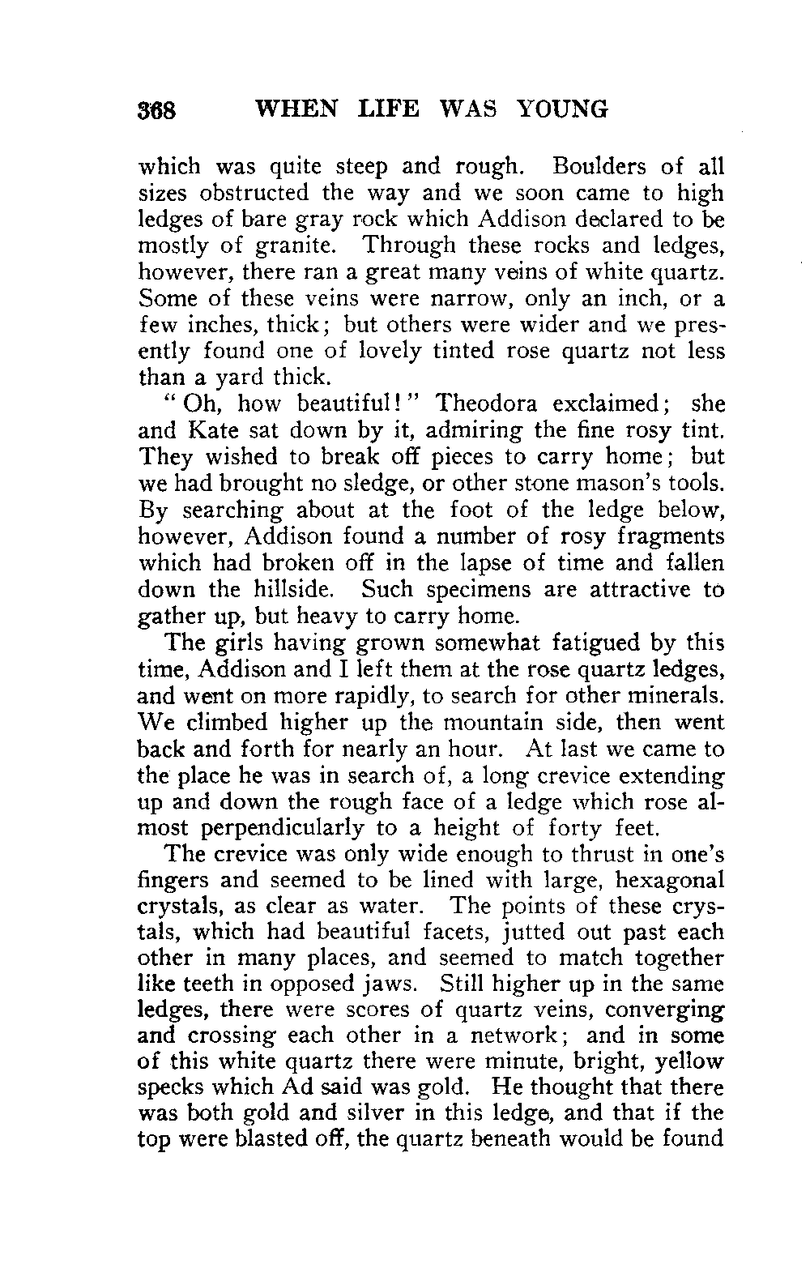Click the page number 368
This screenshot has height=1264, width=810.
163,110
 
